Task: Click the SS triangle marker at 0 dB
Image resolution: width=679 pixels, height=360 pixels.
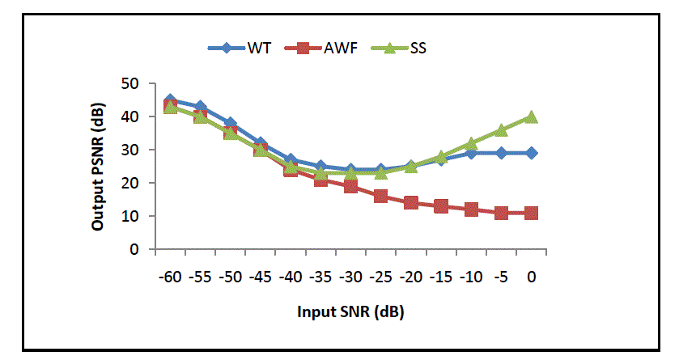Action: point(531,117)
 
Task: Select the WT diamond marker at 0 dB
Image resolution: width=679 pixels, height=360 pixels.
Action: point(531,153)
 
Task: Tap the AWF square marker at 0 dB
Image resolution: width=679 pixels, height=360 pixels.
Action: point(531,213)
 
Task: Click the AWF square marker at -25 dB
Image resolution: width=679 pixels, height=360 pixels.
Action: point(380,197)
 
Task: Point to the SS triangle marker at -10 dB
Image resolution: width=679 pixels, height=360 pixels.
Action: point(471,144)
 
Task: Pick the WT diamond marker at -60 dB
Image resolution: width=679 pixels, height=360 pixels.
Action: point(170,101)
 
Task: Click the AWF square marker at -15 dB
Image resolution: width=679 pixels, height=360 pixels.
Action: point(441,206)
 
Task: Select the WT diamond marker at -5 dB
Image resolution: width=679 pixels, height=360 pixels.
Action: point(501,153)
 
